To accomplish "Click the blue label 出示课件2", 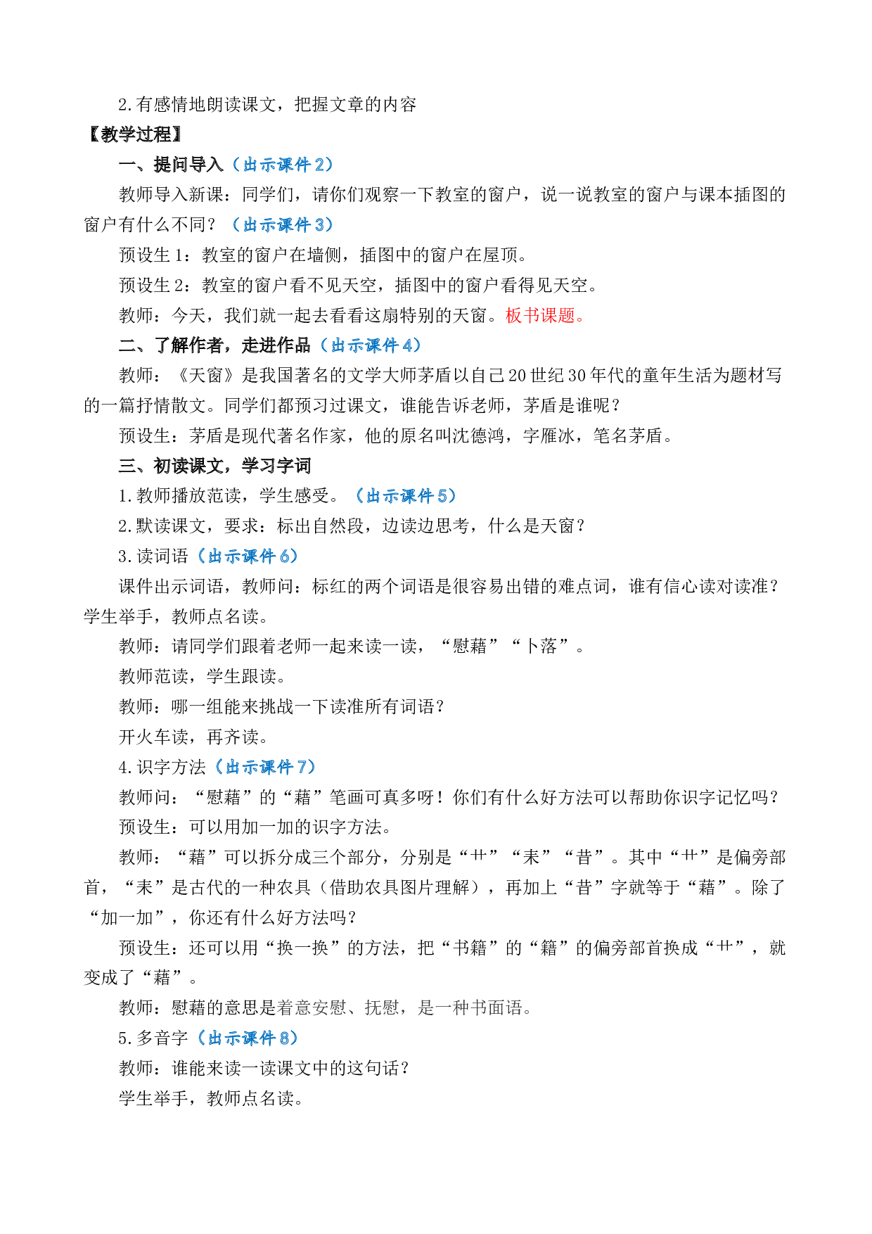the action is tap(283, 165).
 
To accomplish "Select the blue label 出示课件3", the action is tap(283, 225).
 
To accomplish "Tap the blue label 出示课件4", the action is tap(371, 345).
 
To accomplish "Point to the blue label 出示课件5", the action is tap(406, 496).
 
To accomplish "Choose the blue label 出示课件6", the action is tap(248, 556).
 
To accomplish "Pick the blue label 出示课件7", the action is tap(265, 767).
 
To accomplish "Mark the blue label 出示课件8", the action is tap(248, 1038).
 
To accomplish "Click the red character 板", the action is tap(514, 316).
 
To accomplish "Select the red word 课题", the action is tap(558, 316).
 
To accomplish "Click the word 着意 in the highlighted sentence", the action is tap(294, 1008).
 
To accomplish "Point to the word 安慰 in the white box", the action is tap(329, 1008).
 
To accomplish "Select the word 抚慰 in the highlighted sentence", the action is tap(382, 1008).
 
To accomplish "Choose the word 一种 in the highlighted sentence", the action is tap(452, 1008).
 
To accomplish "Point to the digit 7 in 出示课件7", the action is tap(302, 767).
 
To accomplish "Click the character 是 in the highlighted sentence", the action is tap(426, 1008).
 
